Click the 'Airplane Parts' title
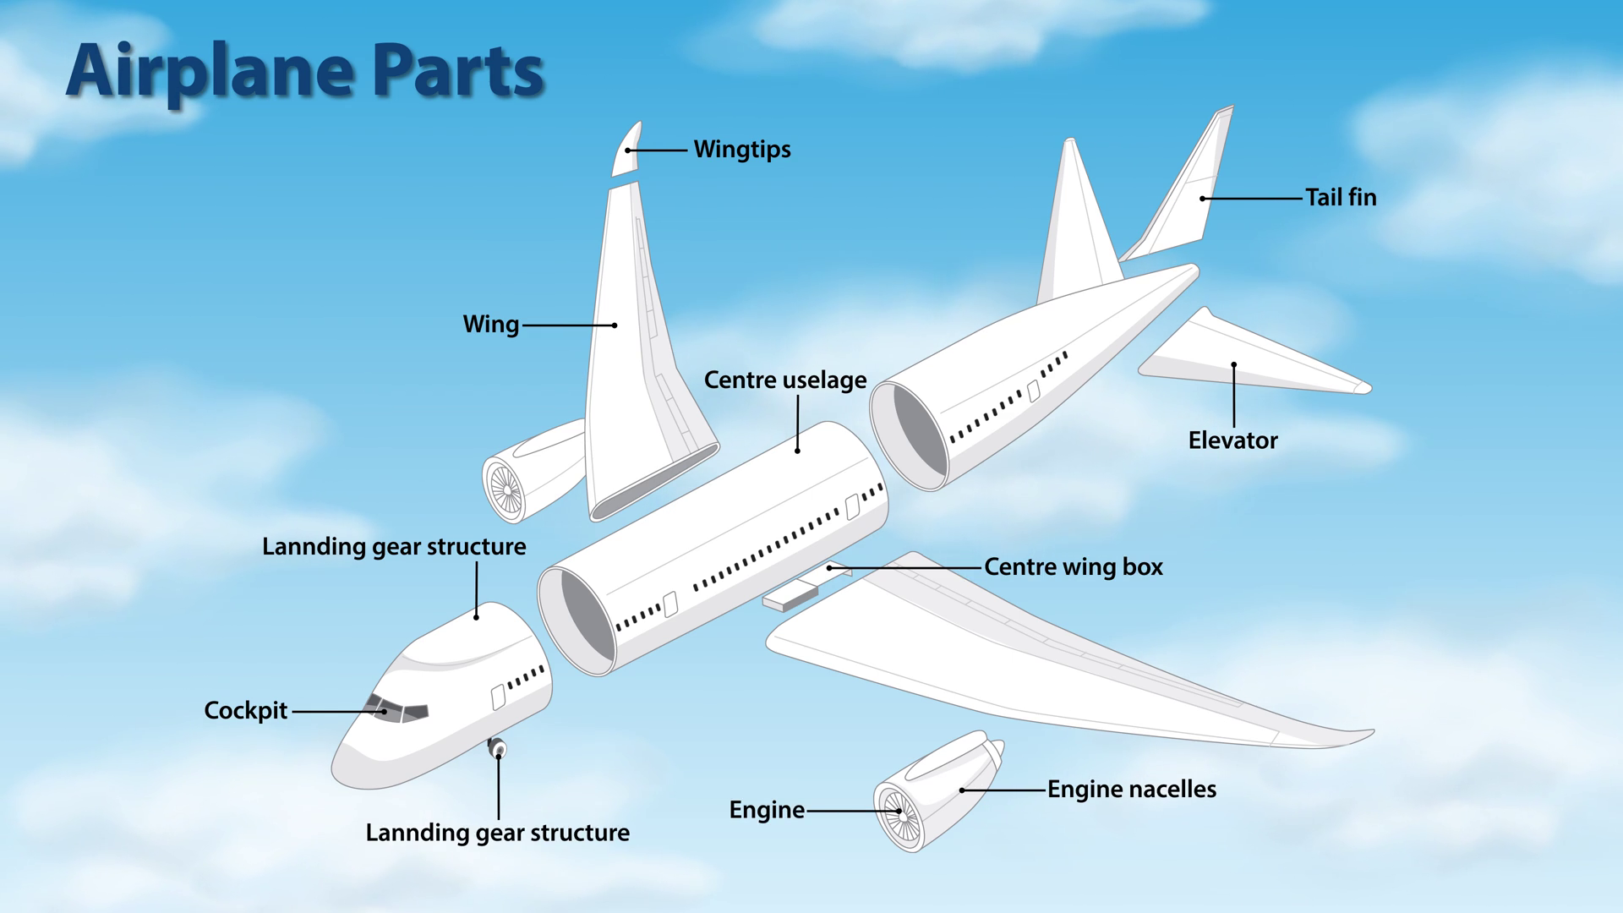[x=304, y=71]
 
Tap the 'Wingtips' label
[x=742, y=150]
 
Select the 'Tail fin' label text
[x=1341, y=198]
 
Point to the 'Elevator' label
[x=1232, y=440]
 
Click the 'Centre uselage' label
[x=785, y=380]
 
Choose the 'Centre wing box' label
[x=1074, y=566]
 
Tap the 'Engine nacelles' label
[x=1132, y=790]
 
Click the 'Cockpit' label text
[x=246, y=711]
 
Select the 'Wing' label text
[x=491, y=325]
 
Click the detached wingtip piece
[x=626, y=150]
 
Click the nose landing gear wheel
[x=497, y=748]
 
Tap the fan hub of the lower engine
[x=901, y=816]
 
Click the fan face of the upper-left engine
[x=505, y=489]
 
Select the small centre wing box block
[x=790, y=596]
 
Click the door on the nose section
[x=499, y=697]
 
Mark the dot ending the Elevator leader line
[x=1234, y=365]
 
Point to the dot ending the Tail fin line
[x=1202, y=199]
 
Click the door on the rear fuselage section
[x=1033, y=391]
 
